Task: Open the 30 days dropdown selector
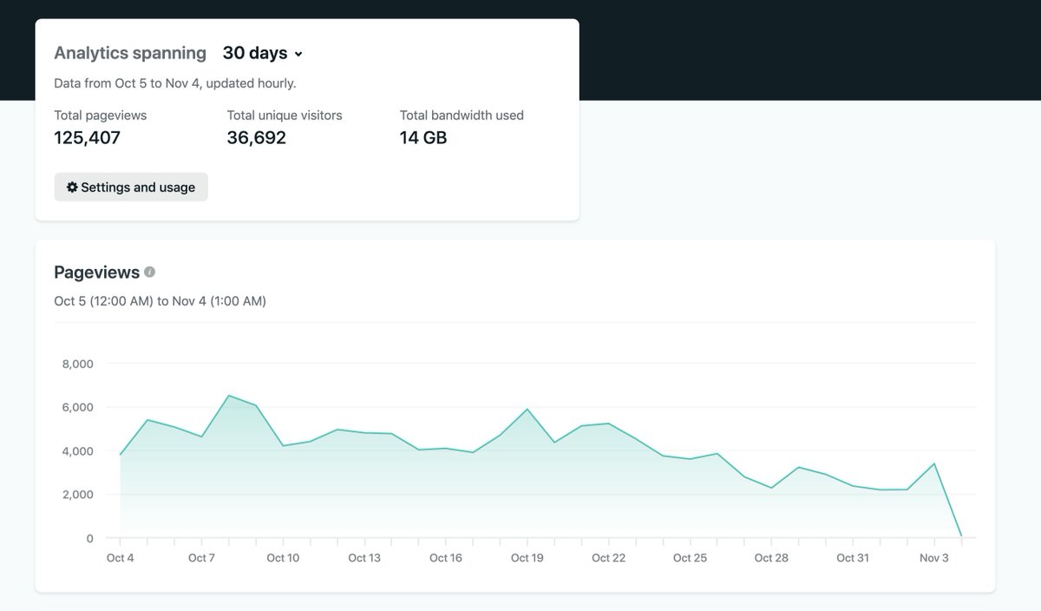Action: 262,53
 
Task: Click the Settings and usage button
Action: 131,187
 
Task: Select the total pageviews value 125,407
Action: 87,138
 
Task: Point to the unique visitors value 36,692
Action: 256,138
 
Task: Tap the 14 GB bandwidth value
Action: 423,138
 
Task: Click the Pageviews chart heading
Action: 96,273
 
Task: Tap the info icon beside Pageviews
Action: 149,273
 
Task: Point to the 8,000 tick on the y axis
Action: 77,364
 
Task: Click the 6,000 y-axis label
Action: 77,407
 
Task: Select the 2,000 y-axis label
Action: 77,495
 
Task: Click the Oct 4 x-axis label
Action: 121,558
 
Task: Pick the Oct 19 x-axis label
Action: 527,558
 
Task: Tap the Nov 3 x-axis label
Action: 934,558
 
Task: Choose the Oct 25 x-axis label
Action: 690,558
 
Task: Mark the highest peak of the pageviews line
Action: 229,396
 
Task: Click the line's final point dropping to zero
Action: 961,536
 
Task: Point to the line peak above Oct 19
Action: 527,410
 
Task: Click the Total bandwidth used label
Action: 462,115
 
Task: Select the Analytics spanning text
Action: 130,53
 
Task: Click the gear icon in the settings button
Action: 72,187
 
